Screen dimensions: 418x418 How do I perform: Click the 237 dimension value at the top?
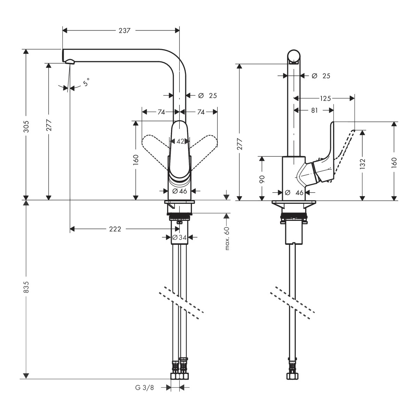click(x=124, y=31)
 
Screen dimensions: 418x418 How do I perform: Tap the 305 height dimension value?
click(x=26, y=126)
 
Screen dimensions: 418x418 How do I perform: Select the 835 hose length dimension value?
click(x=26, y=287)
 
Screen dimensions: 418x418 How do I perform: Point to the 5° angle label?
click(x=86, y=82)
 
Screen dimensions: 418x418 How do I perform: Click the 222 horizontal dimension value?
click(x=115, y=229)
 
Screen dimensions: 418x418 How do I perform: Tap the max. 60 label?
click(x=227, y=239)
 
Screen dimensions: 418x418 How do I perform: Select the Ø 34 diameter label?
click(x=179, y=238)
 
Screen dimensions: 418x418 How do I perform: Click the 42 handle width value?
click(x=180, y=141)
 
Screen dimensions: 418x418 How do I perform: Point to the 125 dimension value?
click(x=325, y=99)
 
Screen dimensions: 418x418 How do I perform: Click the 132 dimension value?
click(x=362, y=164)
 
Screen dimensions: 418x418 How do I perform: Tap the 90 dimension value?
click(x=262, y=179)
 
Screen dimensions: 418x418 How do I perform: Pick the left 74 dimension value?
click(x=161, y=112)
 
